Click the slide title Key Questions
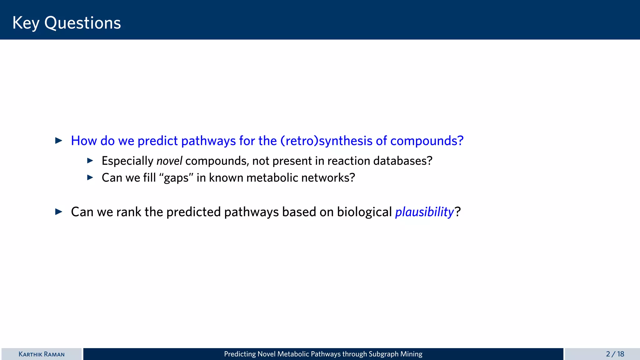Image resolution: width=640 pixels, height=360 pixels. tap(67, 23)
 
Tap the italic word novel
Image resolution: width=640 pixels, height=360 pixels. tap(169, 161)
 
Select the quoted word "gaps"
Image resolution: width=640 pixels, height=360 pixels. tap(176, 178)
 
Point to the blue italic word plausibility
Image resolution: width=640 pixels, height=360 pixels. tap(424, 212)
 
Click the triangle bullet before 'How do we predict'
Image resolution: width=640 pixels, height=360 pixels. tap(59, 141)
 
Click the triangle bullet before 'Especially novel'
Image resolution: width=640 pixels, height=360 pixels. tap(90, 161)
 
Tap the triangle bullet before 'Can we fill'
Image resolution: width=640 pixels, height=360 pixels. tap(90, 177)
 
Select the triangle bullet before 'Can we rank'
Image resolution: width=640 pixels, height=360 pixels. tap(59, 212)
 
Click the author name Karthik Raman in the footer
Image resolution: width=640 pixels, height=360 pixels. tap(42, 354)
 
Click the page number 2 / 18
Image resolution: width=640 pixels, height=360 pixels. tap(615, 354)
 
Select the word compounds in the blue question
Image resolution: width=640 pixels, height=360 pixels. tap(427, 141)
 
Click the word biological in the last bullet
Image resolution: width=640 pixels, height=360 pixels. tap(364, 212)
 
